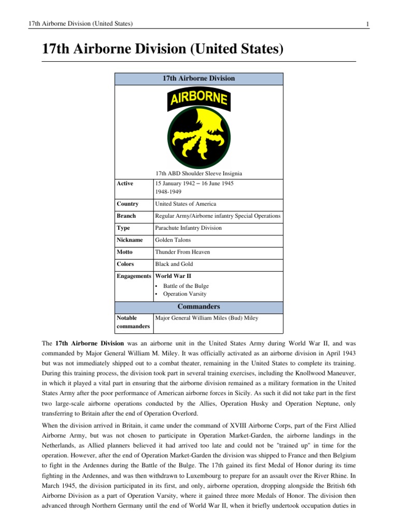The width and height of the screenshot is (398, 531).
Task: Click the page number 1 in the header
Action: point(367,24)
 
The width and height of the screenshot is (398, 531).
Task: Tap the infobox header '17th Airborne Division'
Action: point(198,78)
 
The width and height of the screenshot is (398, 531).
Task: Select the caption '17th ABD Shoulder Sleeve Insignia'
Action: point(198,173)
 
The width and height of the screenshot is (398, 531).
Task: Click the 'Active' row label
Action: point(125,184)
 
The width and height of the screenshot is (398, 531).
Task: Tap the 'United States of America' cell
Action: point(186,204)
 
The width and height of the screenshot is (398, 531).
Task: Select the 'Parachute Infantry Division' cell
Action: point(188,228)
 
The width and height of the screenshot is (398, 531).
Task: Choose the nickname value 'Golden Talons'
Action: point(174,240)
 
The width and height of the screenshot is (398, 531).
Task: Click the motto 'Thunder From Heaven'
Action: point(182,252)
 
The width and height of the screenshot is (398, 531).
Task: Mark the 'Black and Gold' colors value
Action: point(174,264)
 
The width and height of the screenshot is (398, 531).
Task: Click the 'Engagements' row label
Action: point(134,276)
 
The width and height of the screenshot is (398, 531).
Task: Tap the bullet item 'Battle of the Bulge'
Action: point(186,286)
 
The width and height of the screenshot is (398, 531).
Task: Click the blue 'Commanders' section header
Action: point(198,306)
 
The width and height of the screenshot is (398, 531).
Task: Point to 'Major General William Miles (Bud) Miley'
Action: point(208,318)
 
